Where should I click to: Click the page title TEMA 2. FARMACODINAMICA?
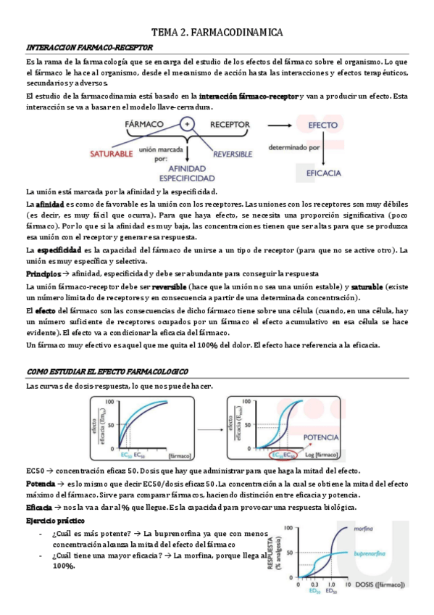point(217,33)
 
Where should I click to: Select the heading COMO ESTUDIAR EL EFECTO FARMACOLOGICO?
point(107,371)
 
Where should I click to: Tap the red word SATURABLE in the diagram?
point(112,154)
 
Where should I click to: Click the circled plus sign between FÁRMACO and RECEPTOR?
point(188,124)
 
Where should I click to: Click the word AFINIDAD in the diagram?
point(187,167)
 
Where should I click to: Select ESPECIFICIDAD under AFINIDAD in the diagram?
point(187,177)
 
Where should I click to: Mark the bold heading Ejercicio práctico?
point(55,521)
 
